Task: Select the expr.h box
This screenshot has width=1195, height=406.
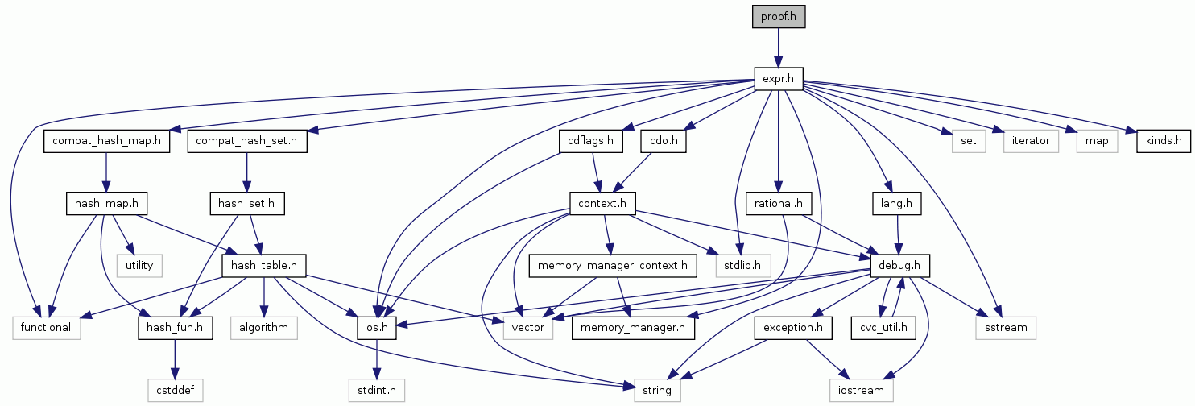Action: (779, 78)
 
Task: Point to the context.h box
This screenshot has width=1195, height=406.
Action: (602, 202)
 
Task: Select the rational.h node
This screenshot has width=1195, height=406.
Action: (778, 202)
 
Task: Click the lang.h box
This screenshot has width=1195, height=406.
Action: (895, 202)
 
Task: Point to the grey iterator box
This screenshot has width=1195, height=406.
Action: (1032, 141)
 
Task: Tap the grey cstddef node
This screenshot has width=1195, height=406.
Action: (176, 391)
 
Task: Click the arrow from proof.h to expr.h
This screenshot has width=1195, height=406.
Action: (779, 48)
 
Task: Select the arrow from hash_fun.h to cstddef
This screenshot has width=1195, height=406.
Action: (176, 359)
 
